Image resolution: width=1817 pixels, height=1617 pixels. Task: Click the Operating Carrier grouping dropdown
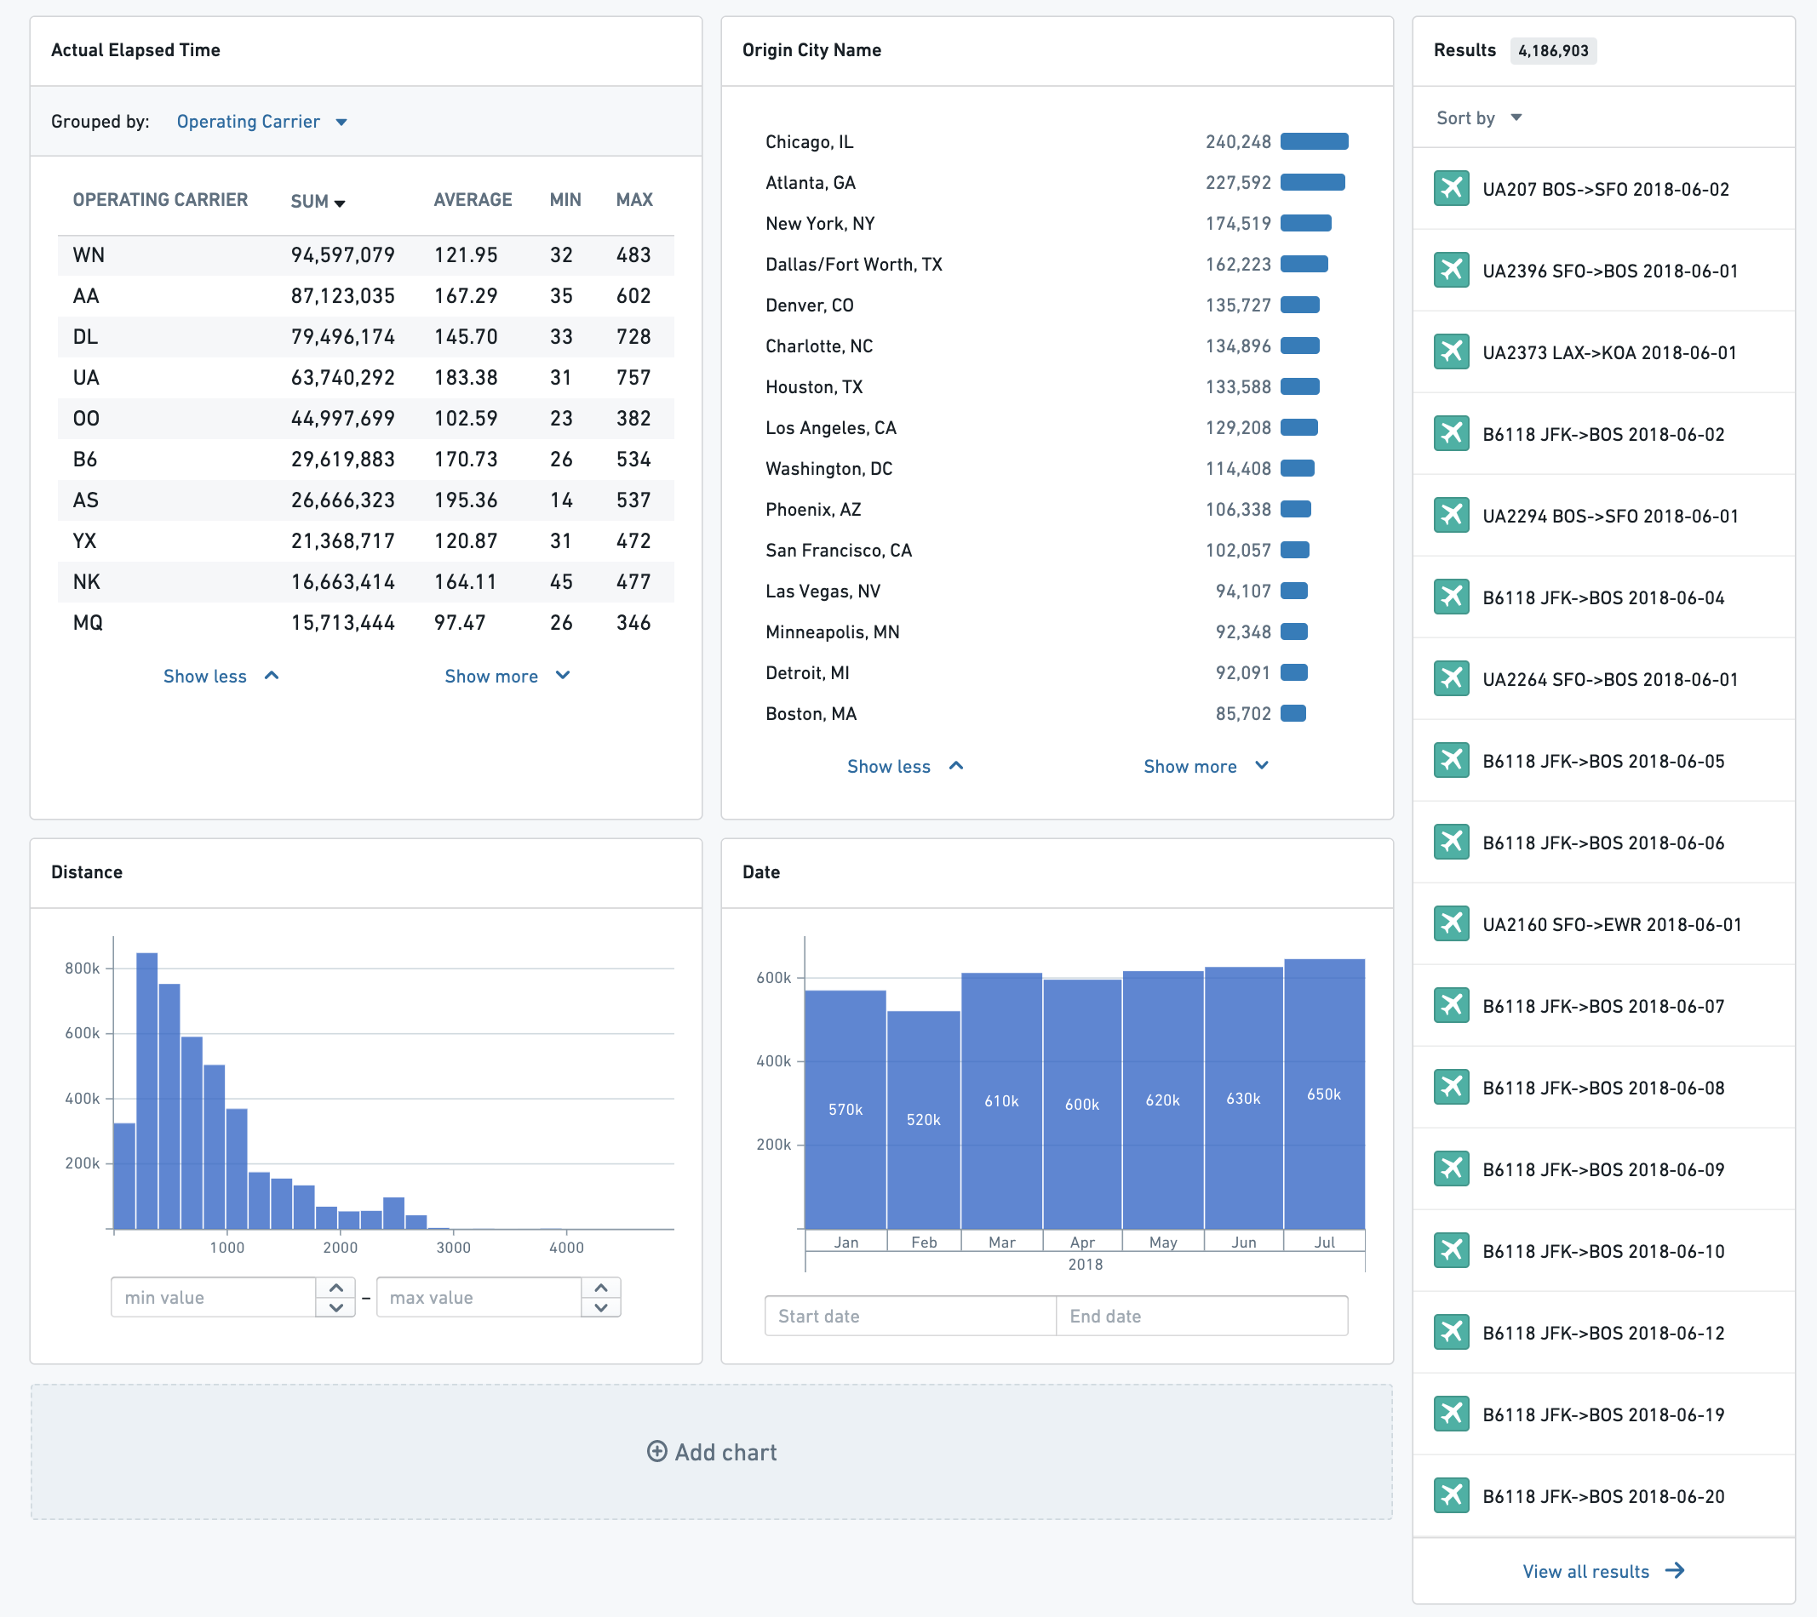tap(261, 122)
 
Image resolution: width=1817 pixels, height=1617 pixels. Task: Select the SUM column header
tap(318, 202)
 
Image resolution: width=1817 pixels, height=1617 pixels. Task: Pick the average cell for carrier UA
tap(466, 378)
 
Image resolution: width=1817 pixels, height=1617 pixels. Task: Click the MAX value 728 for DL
tap(633, 337)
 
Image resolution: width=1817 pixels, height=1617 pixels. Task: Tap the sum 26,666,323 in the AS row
tap(343, 500)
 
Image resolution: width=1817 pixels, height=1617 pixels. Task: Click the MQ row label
tap(88, 623)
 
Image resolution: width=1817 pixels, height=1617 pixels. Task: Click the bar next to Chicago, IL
tap(1314, 141)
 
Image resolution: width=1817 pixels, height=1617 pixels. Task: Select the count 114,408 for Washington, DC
tap(1238, 468)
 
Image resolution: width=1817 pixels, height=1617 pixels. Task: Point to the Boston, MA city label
tap(811, 713)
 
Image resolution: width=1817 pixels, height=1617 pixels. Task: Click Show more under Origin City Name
tap(1206, 766)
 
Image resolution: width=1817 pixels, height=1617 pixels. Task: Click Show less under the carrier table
tap(221, 676)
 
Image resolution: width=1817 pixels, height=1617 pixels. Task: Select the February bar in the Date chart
tap(924, 1119)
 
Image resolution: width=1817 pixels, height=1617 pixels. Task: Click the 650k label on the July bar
tap(1324, 1094)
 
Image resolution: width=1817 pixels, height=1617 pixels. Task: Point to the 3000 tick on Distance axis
tap(453, 1248)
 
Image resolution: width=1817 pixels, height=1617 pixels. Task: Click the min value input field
tap(214, 1297)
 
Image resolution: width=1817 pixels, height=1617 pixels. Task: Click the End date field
tap(1202, 1316)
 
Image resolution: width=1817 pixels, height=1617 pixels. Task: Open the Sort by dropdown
tap(1479, 118)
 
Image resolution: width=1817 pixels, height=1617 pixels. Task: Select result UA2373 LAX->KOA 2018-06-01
tap(1609, 352)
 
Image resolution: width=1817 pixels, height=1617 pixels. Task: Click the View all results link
tap(1602, 1571)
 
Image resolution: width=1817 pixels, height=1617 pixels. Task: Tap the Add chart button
tap(711, 1452)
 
